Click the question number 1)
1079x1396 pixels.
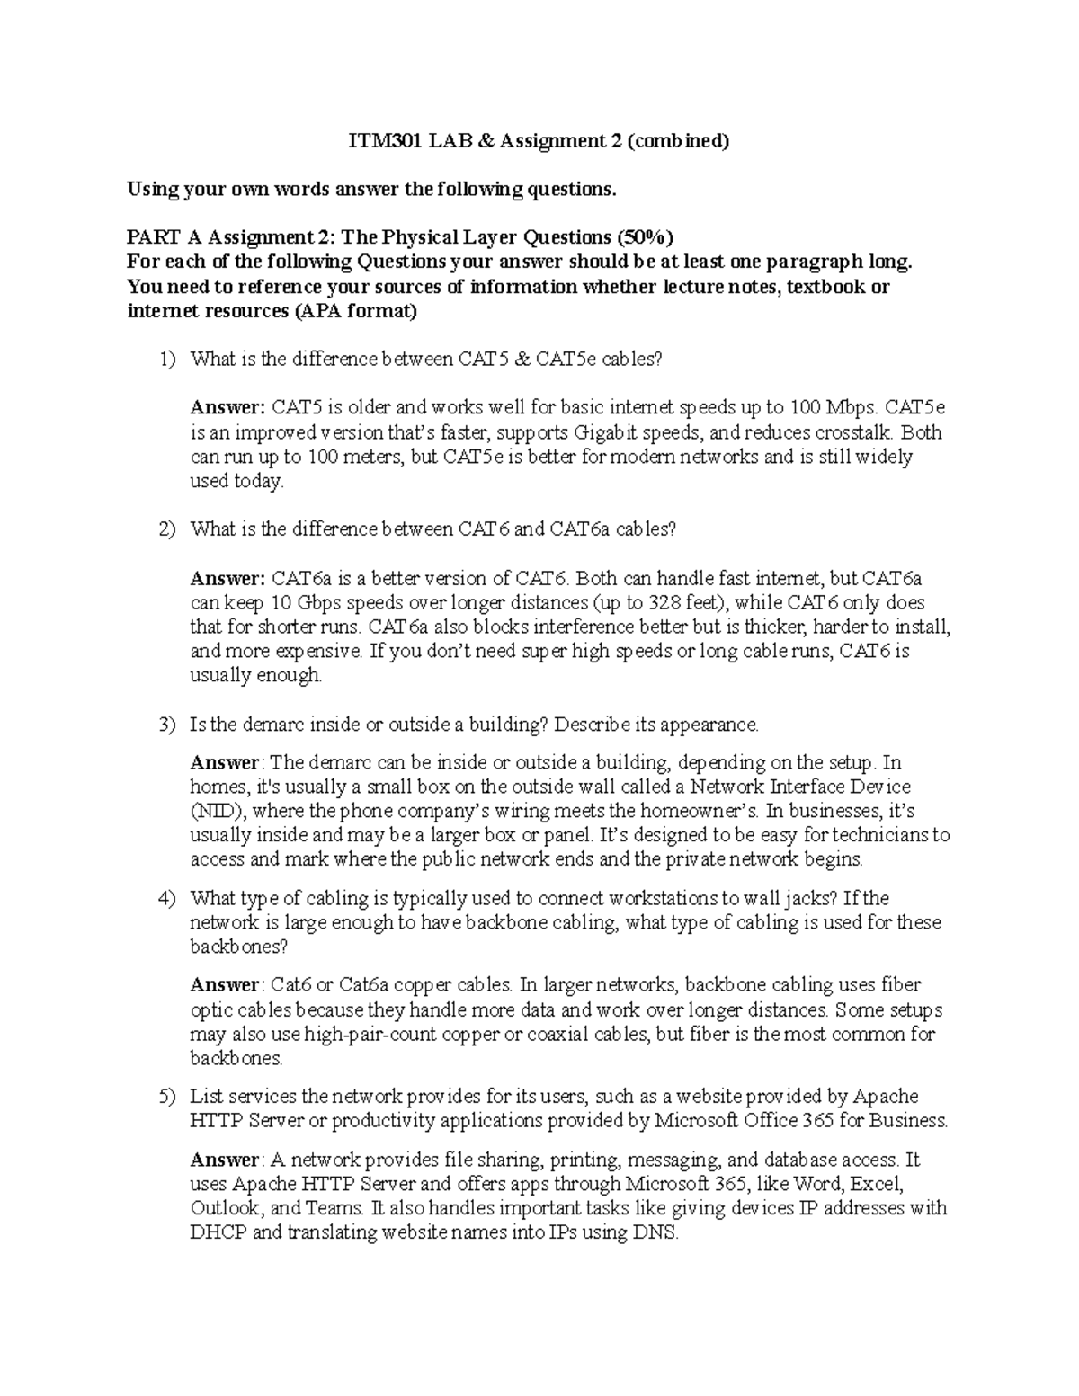point(168,360)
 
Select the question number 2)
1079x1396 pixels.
point(168,529)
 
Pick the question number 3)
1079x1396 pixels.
point(168,725)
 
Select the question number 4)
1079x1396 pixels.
point(168,898)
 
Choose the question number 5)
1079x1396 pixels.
point(168,1097)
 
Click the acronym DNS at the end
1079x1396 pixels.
point(656,1232)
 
